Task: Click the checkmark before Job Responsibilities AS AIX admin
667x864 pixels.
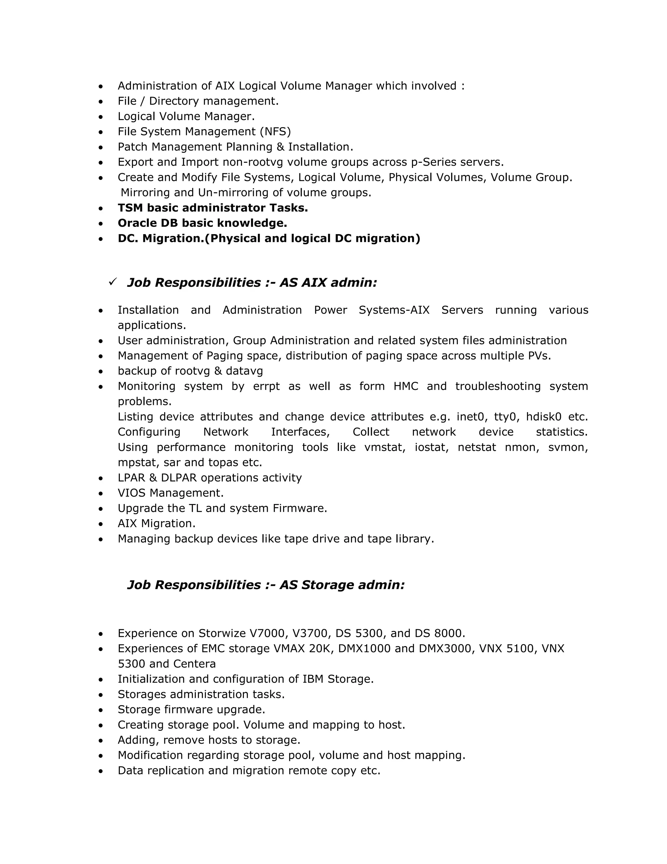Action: click(113, 282)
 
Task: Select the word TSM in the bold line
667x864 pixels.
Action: click(130, 208)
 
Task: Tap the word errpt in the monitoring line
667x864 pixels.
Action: click(266, 386)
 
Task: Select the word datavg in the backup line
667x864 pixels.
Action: click(244, 371)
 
